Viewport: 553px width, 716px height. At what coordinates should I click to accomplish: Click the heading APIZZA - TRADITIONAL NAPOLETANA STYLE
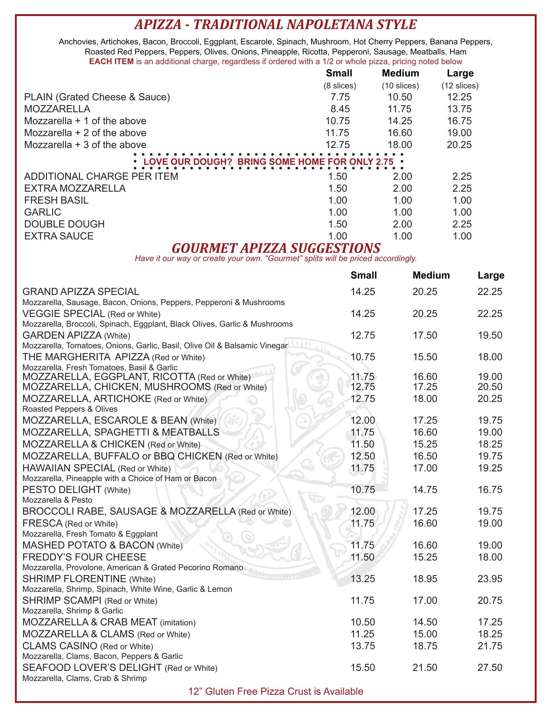click(x=275, y=25)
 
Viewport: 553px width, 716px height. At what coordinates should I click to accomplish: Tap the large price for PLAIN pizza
click(x=459, y=97)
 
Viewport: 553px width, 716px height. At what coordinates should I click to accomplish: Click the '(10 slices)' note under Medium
click(x=400, y=86)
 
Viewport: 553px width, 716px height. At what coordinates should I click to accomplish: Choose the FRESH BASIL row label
click(x=56, y=200)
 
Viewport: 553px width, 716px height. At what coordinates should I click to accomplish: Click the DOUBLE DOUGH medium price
click(x=402, y=224)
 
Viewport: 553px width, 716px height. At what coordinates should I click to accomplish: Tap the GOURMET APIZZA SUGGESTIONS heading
click(x=276, y=248)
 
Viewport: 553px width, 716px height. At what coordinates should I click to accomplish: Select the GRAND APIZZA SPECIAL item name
click(x=81, y=292)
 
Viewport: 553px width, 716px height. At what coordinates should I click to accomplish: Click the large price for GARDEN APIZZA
click(x=490, y=335)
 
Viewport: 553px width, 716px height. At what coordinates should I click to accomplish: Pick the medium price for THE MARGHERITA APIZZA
click(x=425, y=357)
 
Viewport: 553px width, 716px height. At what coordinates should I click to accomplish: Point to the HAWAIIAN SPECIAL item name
click(x=69, y=468)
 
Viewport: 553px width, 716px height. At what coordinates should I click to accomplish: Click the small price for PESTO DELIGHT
click(x=363, y=490)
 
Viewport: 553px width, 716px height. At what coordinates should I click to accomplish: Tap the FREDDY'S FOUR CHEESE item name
click(x=84, y=557)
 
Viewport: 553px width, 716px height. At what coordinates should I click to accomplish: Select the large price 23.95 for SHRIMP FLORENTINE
click(x=490, y=579)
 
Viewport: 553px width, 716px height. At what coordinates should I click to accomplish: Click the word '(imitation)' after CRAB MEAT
click(x=178, y=622)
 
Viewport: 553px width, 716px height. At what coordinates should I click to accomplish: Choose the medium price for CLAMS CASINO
click(x=425, y=646)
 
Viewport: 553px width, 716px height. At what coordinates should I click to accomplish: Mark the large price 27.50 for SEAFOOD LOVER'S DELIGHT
click(x=490, y=668)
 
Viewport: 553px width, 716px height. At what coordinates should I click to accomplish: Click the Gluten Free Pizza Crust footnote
click(x=276, y=692)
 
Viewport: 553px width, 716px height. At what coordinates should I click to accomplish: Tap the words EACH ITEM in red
click(x=111, y=62)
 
